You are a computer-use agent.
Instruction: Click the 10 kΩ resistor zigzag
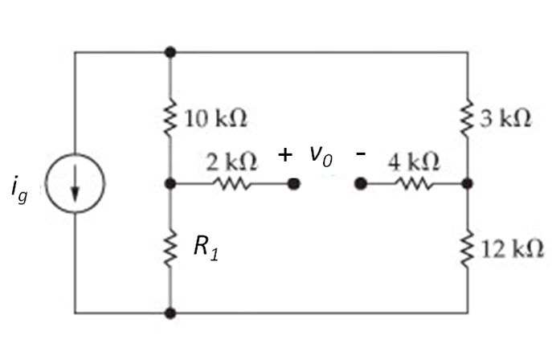click(170, 118)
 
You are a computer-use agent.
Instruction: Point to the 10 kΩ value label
click(215, 119)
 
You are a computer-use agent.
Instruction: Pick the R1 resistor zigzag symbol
click(170, 249)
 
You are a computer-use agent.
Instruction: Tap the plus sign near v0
click(284, 154)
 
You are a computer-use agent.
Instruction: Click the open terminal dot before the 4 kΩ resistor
click(362, 184)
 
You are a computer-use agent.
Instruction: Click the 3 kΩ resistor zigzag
click(468, 118)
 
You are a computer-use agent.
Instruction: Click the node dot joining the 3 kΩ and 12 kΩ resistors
click(468, 184)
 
